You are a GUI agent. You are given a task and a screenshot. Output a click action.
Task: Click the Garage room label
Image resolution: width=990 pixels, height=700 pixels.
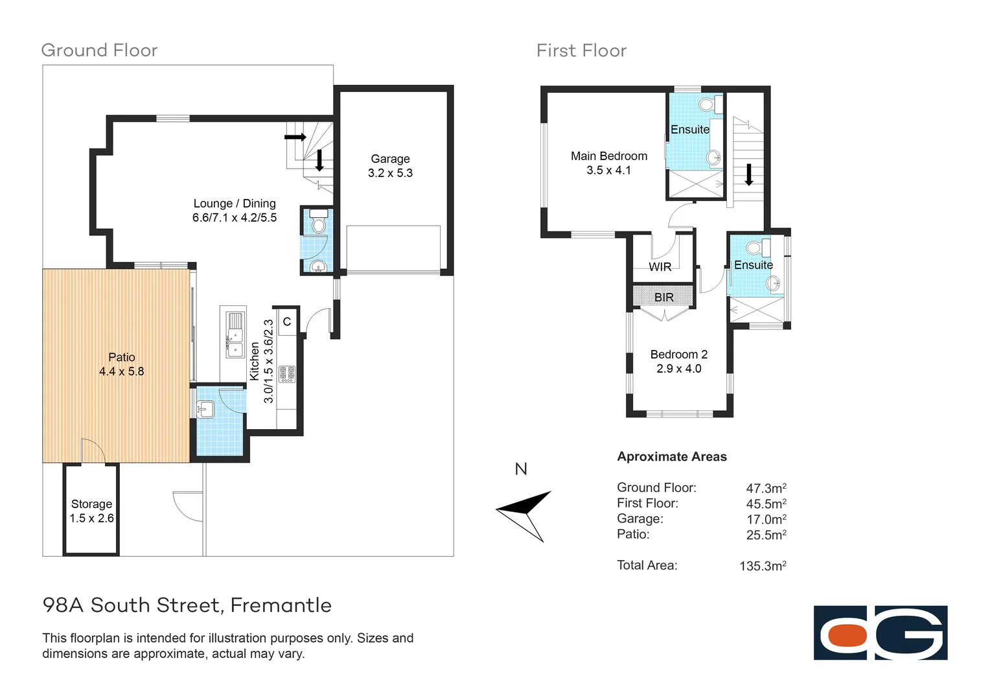pyautogui.click(x=390, y=159)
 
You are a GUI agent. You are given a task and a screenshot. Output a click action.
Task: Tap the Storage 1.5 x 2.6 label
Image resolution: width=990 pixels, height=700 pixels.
pyautogui.click(x=91, y=511)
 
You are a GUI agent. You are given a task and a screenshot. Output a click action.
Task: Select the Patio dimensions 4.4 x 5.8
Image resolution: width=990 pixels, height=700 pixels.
pyautogui.click(x=122, y=371)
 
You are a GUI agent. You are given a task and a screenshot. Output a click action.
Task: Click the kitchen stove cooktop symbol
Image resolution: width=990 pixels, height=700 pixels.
pyautogui.click(x=286, y=374)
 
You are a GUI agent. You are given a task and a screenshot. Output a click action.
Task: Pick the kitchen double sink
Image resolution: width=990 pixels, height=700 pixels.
pyautogui.click(x=235, y=334)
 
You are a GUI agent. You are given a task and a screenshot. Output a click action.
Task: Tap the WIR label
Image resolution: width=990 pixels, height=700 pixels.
pyautogui.click(x=660, y=267)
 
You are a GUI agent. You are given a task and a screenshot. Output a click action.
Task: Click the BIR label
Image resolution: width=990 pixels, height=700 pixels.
pyautogui.click(x=663, y=297)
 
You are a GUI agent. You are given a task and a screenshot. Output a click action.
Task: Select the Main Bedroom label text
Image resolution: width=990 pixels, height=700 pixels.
pyautogui.click(x=608, y=156)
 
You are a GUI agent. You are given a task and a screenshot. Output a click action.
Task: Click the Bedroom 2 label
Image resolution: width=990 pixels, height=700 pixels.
pyautogui.click(x=678, y=355)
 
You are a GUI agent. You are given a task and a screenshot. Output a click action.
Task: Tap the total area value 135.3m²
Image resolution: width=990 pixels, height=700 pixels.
pyautogui.click(x=763, y=566)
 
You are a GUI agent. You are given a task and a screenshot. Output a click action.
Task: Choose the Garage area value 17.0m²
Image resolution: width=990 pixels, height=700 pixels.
pyautogui.click(x=766, y=519)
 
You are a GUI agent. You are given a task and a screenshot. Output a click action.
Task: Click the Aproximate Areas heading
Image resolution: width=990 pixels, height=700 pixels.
pyautogui.click(x=672, y=456)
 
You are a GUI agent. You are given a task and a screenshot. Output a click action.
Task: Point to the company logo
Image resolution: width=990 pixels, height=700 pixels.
pyautogui.click(x=880, y=633)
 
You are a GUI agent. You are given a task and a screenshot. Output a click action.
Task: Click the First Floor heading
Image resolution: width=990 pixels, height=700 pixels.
pyautogui.click(x=581, y=51)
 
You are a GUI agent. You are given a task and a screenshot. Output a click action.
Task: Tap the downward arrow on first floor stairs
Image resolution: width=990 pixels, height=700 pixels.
pyautogui.click(x=749, y=174)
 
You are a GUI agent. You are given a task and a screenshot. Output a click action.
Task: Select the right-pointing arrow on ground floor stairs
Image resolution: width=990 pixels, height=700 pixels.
pyautogui.click(x=295, y=137)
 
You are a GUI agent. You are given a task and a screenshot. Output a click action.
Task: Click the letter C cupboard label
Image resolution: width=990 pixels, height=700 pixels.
pyautogui.click(x=287, y=321)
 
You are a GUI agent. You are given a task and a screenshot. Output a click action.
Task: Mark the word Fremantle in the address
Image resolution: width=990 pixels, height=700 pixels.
pyautogui.click(x=281, y=605)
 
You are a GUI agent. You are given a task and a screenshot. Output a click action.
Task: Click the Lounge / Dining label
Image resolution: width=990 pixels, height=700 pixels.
pyautogui.click(x=235, y=204)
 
